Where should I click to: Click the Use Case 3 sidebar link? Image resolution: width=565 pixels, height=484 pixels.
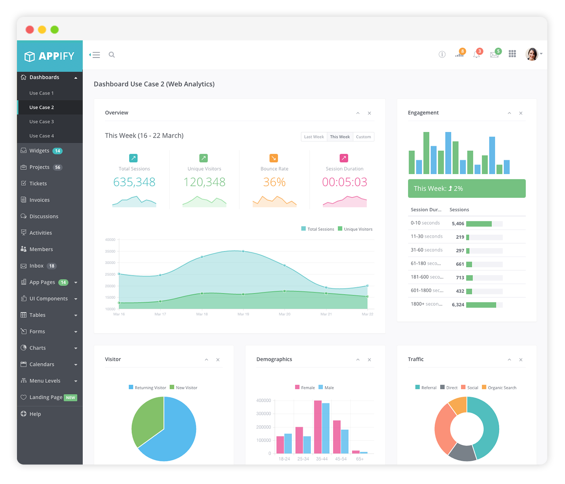(42, 122)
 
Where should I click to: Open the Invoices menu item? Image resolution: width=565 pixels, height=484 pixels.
(39, 200)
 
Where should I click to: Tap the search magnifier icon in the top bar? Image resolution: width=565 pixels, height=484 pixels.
(112, 55)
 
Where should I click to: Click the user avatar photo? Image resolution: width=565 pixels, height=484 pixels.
(532, 54)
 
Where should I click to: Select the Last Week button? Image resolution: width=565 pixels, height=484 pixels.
(314, 137)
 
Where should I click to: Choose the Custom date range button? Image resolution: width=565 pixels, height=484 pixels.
(363, 137)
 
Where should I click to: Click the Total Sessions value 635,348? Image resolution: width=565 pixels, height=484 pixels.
(134, 182)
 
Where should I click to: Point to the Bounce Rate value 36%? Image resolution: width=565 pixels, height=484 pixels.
(274, 182)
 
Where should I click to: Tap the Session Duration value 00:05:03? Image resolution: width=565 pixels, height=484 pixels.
(345, 182)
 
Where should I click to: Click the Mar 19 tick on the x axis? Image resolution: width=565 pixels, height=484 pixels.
(243, 314)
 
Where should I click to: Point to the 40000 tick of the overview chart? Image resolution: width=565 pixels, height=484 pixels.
(110, 240)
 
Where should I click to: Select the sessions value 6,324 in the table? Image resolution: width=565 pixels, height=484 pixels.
(458, 305)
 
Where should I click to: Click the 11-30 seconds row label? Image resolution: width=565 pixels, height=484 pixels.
(427, 237)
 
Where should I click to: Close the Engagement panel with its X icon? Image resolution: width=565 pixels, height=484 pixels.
(521, 113)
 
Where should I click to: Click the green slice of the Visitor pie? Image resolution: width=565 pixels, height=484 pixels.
(148, 419)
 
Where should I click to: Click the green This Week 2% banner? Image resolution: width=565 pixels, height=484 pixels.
(467, 188)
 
